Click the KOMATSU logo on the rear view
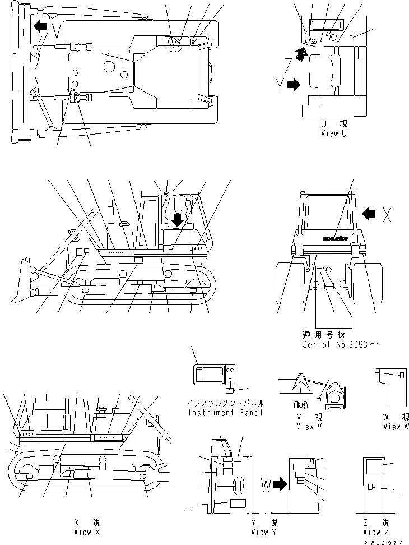pos(334,238)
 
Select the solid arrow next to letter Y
pos(292,85)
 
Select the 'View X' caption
pos(86,532)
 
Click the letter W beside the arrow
pos(267,484)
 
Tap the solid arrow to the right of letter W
pos(282,484)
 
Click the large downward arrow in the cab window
pos(178,218)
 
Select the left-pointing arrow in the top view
pos(40,26)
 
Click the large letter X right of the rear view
pos(387,214)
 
